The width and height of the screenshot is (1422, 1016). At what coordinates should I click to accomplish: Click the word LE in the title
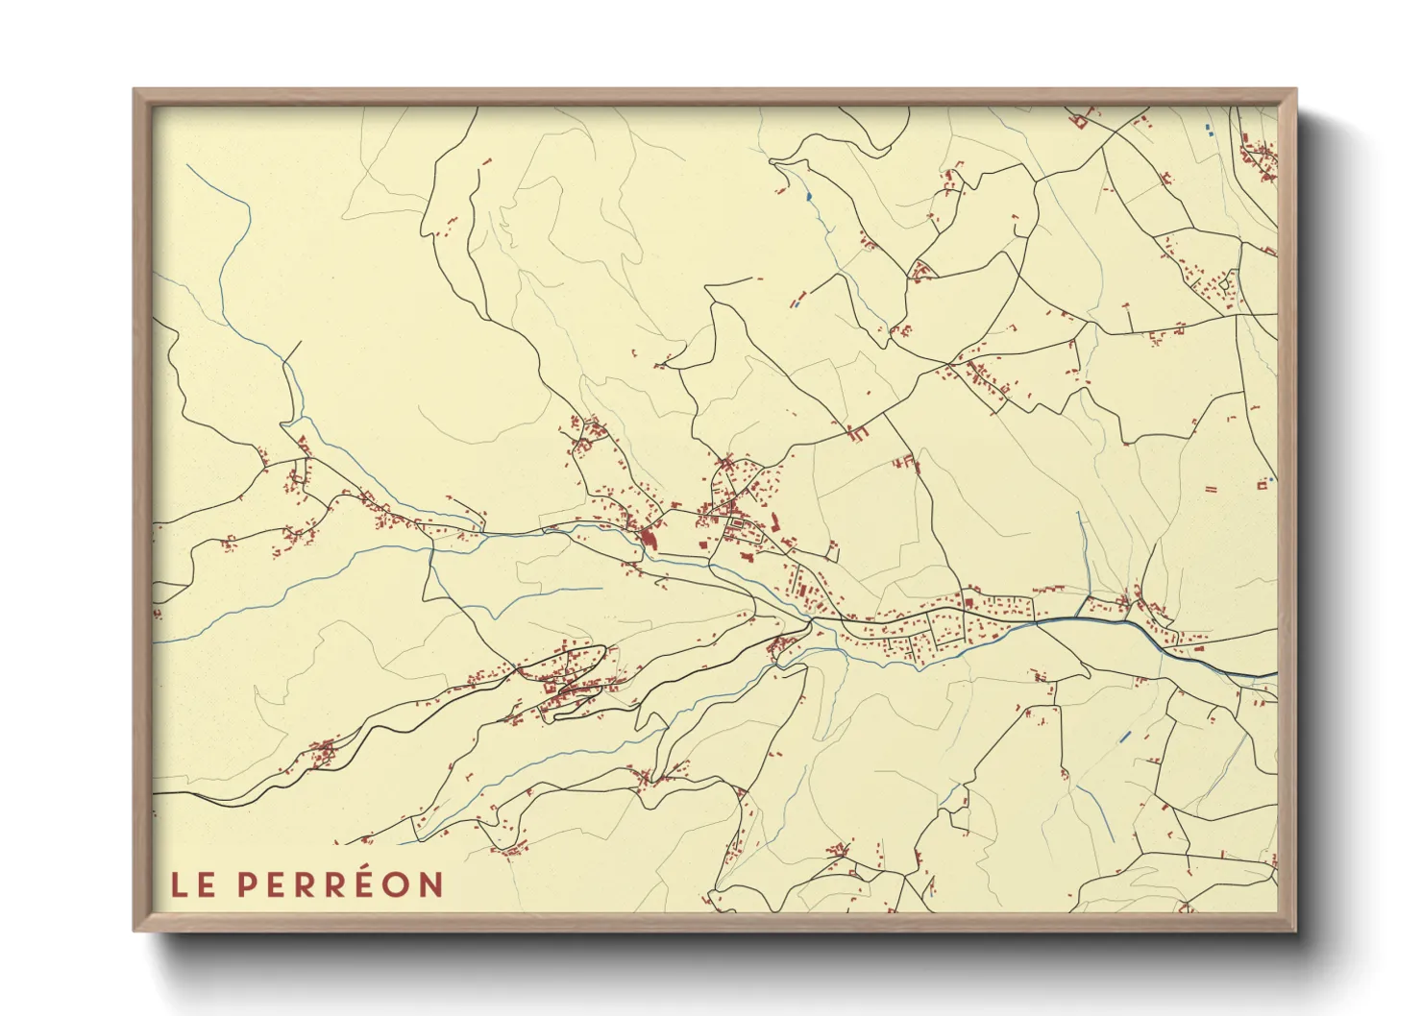193,884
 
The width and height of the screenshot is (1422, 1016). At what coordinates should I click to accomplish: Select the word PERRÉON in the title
340,884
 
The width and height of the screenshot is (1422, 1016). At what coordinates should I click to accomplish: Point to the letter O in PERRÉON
398,884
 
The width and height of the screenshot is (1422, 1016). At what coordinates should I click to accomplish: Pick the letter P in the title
247,884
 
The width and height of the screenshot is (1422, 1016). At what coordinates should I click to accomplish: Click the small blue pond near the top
809,197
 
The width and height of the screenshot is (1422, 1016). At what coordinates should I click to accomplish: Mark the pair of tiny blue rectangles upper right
1209,130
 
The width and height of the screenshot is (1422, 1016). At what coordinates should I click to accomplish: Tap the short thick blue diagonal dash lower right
1125,738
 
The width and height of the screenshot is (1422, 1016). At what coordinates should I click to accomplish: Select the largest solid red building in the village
649,539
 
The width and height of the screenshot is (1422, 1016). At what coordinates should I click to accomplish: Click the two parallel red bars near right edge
1211,489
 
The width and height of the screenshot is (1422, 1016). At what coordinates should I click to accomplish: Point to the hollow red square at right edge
1262,485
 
